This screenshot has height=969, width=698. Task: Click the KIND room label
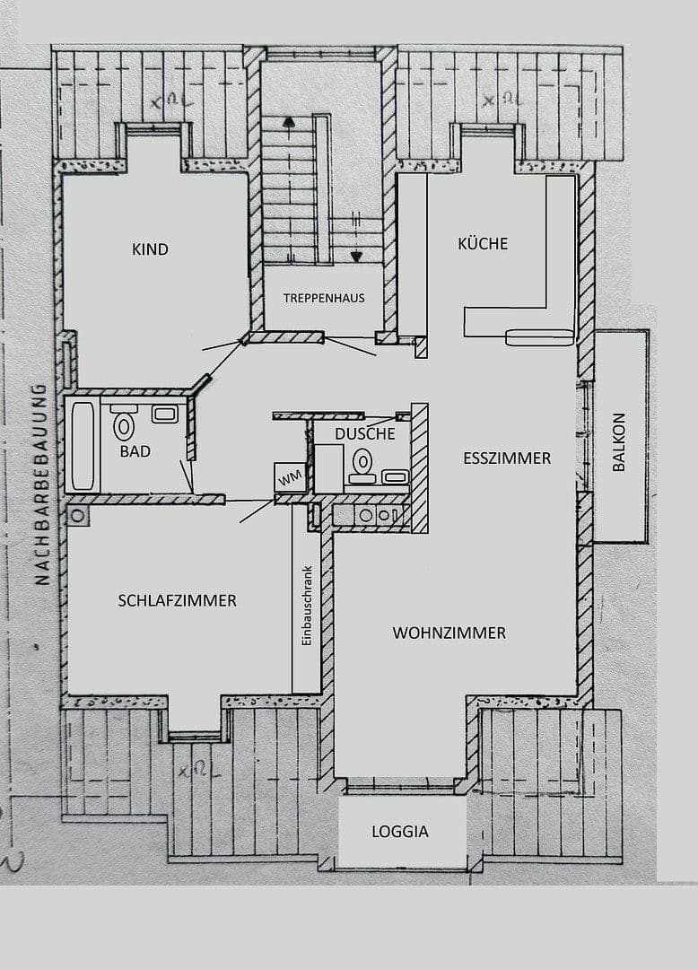pos(150,249)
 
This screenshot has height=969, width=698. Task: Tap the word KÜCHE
pos(483,244)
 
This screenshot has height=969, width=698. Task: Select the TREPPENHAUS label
pos(324,298)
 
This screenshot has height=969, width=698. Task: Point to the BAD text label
pos(135,451)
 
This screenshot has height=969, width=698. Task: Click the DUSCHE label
pos(364,433)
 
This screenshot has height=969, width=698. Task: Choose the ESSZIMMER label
pos(507,458)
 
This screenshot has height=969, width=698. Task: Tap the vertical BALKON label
pos(619,442)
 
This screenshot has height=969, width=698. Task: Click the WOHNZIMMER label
pos(449,633)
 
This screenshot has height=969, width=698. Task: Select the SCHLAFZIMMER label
pos(177,601)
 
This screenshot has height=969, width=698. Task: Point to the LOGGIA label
pos(400,832)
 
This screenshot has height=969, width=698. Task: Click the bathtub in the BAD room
pos(83,446)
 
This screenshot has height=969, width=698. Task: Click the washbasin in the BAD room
pos(164,414)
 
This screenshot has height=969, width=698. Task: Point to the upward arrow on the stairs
pos(288,124)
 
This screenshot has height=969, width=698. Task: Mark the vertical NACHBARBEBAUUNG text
pos(40,484)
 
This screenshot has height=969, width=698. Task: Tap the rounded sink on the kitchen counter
pos(539,337)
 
